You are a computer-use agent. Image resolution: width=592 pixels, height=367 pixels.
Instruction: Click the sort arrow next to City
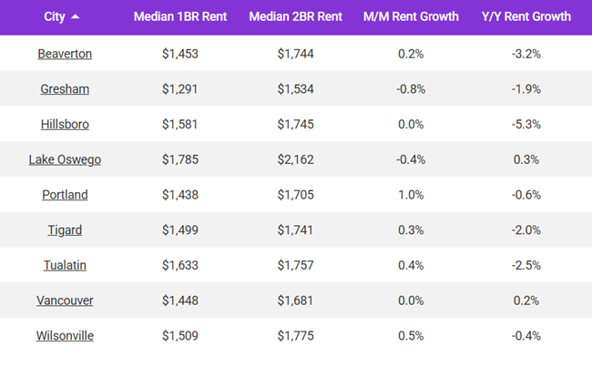click(x=75, y=16)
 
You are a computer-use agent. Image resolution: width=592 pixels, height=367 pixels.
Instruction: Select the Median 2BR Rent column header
click(x=295, y=16)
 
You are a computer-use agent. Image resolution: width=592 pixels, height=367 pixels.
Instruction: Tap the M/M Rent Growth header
click(x=411, y=16)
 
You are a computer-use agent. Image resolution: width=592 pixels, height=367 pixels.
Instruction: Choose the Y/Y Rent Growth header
click(x=526, y=16)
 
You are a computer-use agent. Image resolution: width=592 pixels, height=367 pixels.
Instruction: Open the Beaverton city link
click(x=65, y=54)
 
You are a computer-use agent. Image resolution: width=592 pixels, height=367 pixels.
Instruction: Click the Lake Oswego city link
click(x=65, y=159)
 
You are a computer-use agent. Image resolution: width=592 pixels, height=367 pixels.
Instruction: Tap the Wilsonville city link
click(x=65, y=336)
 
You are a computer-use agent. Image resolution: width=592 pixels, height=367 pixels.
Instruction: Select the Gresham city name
click(x=65, y=89)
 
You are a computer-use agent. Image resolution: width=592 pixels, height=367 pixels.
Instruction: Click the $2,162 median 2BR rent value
click(x=295, y=159)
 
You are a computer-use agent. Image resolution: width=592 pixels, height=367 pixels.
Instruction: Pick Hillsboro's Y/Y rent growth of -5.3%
click(x=526, y=124)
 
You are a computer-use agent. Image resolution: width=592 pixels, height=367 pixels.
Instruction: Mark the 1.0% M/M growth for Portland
click(x=411, y=195)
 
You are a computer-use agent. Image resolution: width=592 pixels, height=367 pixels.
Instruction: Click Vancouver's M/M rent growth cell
click(x=411, y=301)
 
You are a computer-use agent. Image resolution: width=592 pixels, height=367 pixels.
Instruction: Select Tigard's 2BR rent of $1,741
click(x=295, y=230)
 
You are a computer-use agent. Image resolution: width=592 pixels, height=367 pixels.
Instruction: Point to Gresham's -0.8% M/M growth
click(x=411, y=89)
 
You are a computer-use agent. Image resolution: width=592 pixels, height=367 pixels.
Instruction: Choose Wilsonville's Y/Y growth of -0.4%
click(x=526, y=336)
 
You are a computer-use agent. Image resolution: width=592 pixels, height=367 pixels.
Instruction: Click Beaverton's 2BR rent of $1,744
click(x=295, y=54)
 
